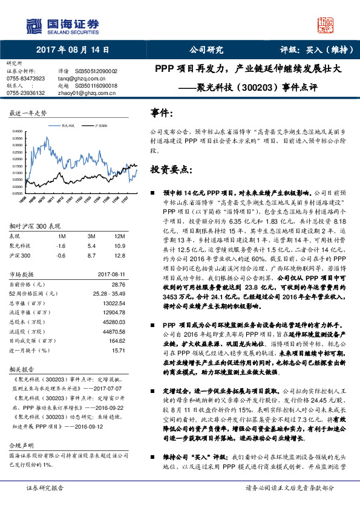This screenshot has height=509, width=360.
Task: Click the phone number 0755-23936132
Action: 25,92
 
